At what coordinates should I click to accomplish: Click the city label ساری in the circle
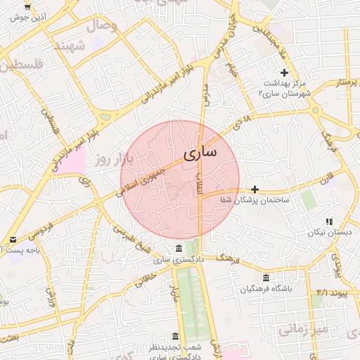200,153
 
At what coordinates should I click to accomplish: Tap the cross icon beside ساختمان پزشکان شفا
255,189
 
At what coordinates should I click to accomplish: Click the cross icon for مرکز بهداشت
285,72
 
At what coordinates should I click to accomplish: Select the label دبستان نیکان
328,233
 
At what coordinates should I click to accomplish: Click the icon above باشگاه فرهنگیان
265,278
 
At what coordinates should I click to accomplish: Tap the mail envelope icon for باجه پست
13,240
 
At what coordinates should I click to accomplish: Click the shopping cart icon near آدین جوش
27,6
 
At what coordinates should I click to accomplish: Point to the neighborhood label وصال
101,27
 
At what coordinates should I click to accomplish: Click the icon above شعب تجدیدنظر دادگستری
175,335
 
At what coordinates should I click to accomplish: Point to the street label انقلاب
199,184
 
